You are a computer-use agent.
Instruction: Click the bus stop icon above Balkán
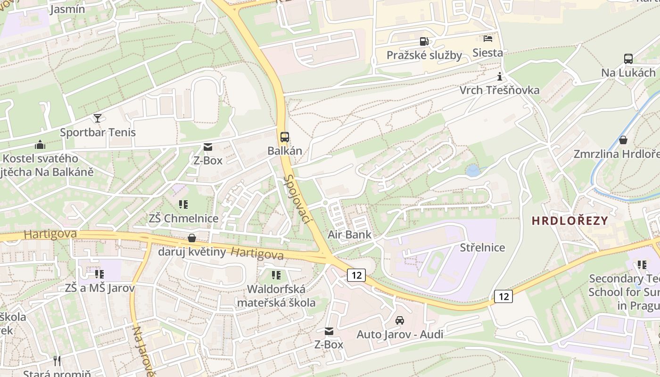click(x=284, y=137)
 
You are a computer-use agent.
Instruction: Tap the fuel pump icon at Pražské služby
click(x=424, y=41)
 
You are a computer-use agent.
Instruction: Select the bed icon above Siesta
click(x=488, y=39)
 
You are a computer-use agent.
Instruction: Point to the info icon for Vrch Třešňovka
click(x=500, y=76)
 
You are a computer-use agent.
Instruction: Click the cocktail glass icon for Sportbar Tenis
click(x=98, y=118)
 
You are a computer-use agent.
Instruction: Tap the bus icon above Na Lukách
click(x=628, y=59)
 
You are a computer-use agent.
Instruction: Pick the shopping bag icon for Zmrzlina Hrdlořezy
click(x=623, y=140)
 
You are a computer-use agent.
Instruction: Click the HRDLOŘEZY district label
click(x=570, y=221)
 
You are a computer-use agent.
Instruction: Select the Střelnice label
click(x=482, y=247)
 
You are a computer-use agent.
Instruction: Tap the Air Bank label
click(x=350, y=235)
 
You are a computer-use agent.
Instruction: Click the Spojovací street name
click(x=299, y=199)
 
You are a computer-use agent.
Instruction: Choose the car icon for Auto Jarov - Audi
click(x=400, y=320)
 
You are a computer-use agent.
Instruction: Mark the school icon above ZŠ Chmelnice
click(x=183, y=205)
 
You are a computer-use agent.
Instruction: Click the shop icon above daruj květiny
click(x=192, y=238)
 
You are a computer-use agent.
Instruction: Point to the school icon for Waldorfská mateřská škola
click(x=276, y=275)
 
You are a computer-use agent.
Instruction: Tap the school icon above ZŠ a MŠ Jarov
click(x=99, y=274)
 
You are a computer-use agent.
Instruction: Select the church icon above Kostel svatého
click(x=40, y=145)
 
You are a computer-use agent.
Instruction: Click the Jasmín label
click(x=67, y=9)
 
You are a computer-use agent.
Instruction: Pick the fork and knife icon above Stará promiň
click(x=57, y=361)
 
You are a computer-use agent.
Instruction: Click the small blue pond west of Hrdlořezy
click(x=472, y=171)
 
